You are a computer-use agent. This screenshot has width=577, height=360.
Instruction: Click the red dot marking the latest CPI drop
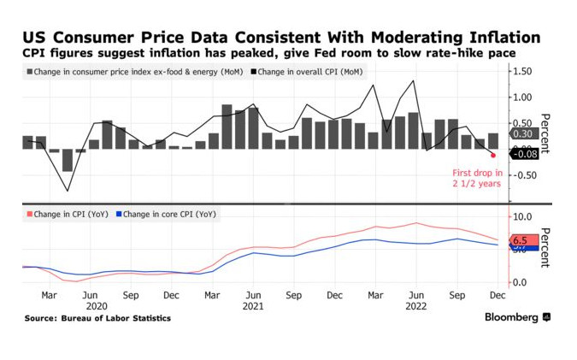pyautogui.click(x=493, y=155)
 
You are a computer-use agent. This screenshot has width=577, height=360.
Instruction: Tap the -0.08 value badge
pyautogui.click(x=523, y=152)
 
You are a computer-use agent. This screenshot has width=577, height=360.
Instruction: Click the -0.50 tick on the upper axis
pyautogui.click(x=524, y=175)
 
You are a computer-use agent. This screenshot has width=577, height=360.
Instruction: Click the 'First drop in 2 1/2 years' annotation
pyautogui.click(x=477, y=178)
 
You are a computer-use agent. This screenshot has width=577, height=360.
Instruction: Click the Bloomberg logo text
pyautogui.click(x=511, y=318)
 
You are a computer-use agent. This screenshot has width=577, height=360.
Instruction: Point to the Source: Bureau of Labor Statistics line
pyautogui.click(x=97, y=318)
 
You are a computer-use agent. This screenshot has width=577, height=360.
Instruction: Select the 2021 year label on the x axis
pyautogui.click(x=252, y=305)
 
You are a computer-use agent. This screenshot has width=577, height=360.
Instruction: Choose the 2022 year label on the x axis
pyautogui.click(x=415, y=305)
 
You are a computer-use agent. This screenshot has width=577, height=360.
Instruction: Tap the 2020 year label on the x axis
pyautogui.click(x=97, y=305)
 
